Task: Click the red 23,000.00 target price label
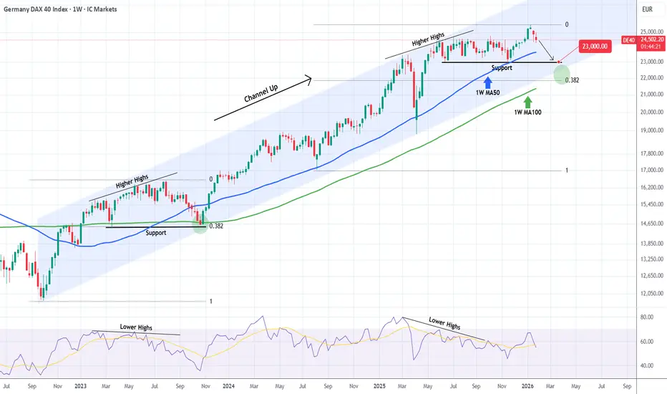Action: pyautogui.click(x=595, y=46)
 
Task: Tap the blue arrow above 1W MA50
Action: pyautogui.click(x=487, y=82)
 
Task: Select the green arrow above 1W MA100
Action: pyautogui.click(x=527, y=102)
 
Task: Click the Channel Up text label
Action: pyautogui.click(x=261, y=93)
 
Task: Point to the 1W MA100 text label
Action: pyautogui.click(x=527, y=112)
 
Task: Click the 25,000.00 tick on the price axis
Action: pyautogui.click(x=651, y=32)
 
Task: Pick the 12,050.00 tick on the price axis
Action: pyautogui.click(x=651, y=293)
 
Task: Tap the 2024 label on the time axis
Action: pyautogui.click(x=228, y=386)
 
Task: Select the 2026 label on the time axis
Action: pyautogui.click(x=527, y=386)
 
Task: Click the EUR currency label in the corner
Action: pyautogui.click(x=647, y=9)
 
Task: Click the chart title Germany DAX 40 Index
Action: pyautogui.click(x=36, y=9)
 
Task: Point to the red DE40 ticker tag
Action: pyautogui.click(x=629, y=40)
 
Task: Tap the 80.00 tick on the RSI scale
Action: pyautogui.click(x=647, y=317)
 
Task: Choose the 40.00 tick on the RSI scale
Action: pyautogui.click(x=647, y=365)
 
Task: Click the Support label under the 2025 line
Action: pyautogui.click(x=502, y=68)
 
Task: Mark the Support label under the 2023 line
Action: pyautogui.click(x=156, y=233)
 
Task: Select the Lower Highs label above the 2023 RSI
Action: pyautogui.click(x=136, y=327)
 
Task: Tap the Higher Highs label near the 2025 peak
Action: pyautogui.click(x=428, y=39)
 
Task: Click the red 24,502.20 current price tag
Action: pyautogui.click(x=652, y=39)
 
